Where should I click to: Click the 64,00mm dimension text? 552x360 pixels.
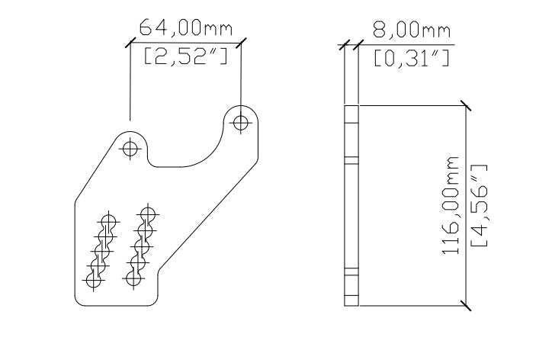[x=185, y=29]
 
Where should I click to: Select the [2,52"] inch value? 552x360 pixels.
[x=185, y=57]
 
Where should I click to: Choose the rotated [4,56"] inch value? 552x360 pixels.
[x=481, y=207]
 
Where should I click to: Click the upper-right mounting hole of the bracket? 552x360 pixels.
[x=242, y=121]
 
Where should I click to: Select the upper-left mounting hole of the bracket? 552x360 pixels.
[x=130, y=148]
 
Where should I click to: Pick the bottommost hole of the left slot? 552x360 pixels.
[x=94, y=280]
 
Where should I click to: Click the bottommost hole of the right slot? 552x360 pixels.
[x=133, y=278]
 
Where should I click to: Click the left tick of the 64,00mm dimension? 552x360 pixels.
[x=130, y=42]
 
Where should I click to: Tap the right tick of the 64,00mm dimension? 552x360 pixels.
[x=242, y=42]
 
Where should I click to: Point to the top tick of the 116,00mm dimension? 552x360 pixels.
[x=465, y=105]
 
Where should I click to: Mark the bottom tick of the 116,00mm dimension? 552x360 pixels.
[x=465, y=307]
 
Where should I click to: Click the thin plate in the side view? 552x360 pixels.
[x=351, y=206]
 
